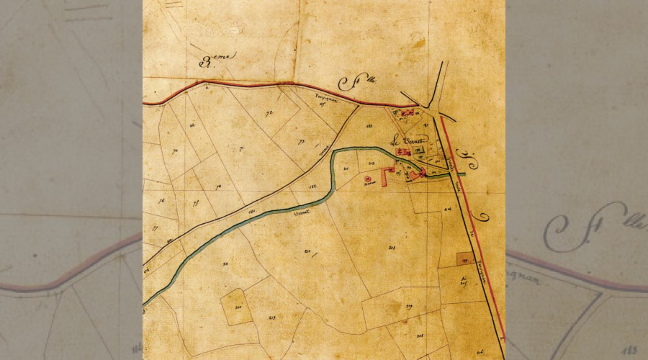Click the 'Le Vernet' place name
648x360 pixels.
pos(410,140)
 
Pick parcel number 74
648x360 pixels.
pos(218,186)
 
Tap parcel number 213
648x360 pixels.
pos(273,317)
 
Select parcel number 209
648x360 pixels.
pos(409,307)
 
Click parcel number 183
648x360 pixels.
pos(370,126)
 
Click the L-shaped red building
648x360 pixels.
pos(386,177)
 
